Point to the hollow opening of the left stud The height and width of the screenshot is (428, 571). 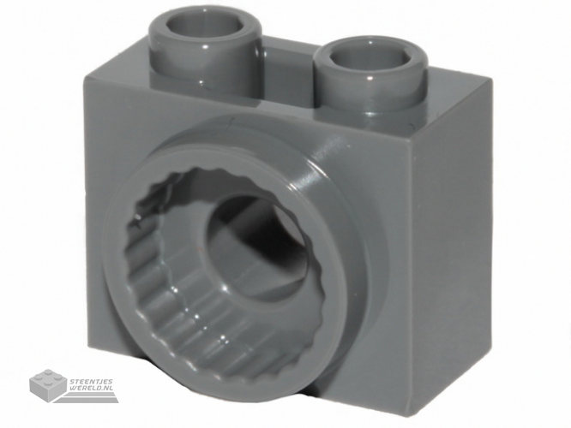[205, 28]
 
